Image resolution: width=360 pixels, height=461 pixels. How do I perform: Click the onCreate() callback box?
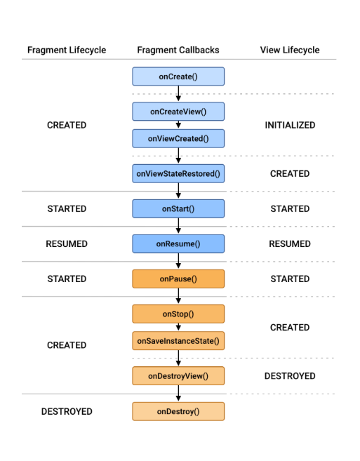[178, 76]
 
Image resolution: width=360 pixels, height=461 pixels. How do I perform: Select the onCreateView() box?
[178, 112]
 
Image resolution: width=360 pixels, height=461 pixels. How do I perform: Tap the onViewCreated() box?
[178, 138]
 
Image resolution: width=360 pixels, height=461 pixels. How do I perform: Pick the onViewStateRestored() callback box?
[178, 173]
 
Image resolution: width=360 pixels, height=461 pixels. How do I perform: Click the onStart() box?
[178, 208]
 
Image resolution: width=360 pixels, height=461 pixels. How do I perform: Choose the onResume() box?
[178, 243]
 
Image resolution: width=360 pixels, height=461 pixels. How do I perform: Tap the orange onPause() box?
[178, 279]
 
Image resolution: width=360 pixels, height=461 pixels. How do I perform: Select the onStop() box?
[178, 314]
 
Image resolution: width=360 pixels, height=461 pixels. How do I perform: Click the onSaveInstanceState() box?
[178, 341]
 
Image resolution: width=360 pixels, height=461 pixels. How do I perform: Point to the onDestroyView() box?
[178, 376]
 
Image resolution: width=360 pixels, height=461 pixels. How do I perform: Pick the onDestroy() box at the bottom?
[178, 411]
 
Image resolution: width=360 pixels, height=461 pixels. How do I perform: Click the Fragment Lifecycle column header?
[67, 50]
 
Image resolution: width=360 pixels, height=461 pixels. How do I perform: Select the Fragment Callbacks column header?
[178, 50]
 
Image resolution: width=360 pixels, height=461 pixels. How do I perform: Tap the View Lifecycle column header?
[290, 50]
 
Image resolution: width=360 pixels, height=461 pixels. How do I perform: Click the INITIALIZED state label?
[290, 125]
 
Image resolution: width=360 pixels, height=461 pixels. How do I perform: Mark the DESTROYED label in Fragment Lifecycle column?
[67, 411]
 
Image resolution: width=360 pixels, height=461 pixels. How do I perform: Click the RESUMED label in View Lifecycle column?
[290, 243]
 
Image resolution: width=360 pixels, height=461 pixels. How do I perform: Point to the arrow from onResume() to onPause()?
[178, 261]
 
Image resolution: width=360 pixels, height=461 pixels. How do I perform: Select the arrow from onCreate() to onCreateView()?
[178, 94]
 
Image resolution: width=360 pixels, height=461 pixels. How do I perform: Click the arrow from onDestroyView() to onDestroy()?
[178, 394]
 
